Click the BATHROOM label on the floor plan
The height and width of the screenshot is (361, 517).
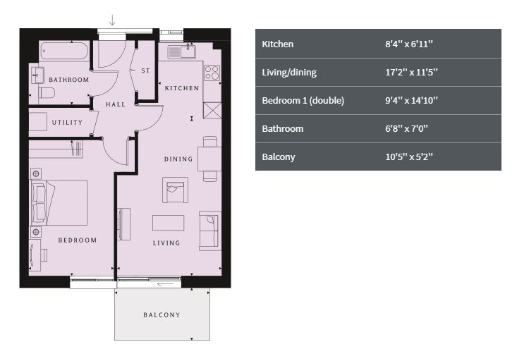click(69, 80)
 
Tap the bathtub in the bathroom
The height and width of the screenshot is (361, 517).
click(65, 51)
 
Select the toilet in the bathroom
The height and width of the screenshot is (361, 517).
click(47, 92)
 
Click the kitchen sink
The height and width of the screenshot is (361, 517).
click(182, 51)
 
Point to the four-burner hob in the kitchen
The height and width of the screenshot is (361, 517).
click(212, 73)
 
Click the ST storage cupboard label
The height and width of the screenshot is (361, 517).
click(145, 71)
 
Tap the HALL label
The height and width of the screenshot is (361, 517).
click(116, 104)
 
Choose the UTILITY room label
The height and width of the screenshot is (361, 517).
click(67, 122)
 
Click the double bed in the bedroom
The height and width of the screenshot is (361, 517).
click(60, 203)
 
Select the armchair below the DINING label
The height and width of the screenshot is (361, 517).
click(175, 190)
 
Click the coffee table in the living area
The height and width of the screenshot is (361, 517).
click(168, 223)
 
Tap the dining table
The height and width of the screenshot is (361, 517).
click(209, 159)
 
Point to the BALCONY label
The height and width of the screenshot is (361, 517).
click(162, 315)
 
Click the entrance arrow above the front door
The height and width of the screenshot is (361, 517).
click(112, 20)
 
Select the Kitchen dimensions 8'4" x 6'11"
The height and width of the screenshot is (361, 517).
click(409, 44)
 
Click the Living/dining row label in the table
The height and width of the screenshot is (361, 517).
click(289, 73)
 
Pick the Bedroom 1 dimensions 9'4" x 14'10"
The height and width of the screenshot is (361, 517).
click(411, 101)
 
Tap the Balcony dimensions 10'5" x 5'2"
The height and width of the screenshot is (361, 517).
click(409, 157)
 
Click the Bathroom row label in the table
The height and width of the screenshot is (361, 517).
click(283, 128)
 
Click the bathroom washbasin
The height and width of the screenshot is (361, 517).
click(37, 75)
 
